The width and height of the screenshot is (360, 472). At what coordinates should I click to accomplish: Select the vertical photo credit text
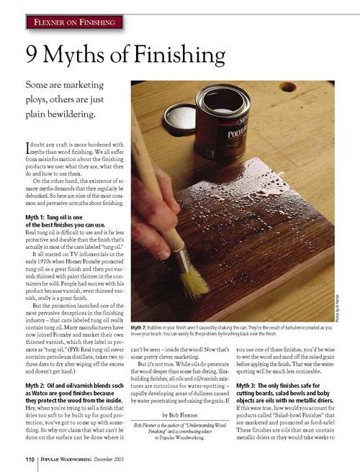coord(337,303)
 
